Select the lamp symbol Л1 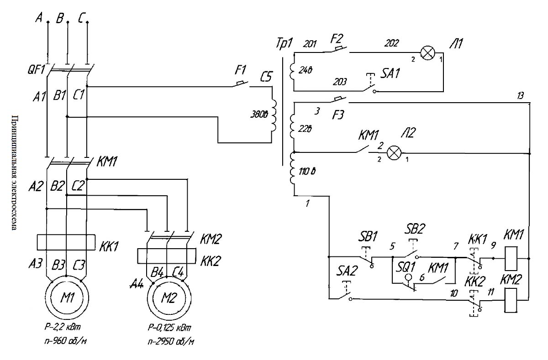[x=427, y=53]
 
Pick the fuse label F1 [x=240, y=71]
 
